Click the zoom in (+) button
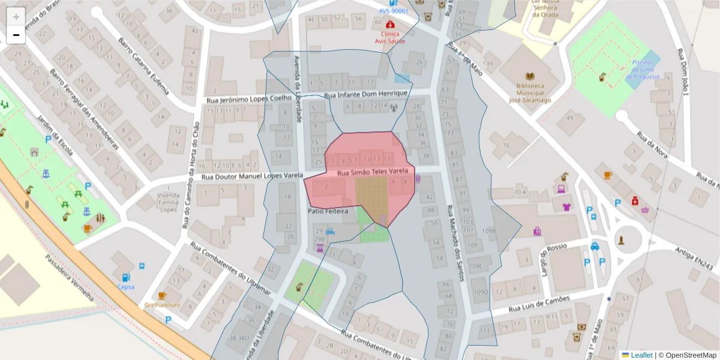(x=16, y=16)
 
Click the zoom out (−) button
(x=16, y=35)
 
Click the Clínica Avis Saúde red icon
(x=391, y=25)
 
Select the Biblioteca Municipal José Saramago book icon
(x=530, y=76)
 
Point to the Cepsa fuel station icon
(x=126, y=277)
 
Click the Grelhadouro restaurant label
(x=159, y=304)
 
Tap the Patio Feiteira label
(x=328, y=211)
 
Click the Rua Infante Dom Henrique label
(x=365, y=94)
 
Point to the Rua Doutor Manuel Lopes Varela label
(x=251, y=177)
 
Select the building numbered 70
(x=506, y=145)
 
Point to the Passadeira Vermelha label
(x=70, y=277)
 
